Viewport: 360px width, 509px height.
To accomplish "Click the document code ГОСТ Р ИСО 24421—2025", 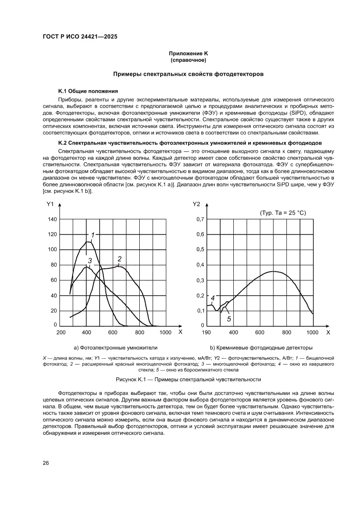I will click(80, 37).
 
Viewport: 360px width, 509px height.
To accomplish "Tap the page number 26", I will click(46, 463).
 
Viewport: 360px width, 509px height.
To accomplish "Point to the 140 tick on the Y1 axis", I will click(52, 219).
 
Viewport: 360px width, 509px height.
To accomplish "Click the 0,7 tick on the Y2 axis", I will click(200, 219).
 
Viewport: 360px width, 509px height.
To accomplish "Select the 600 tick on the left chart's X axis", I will click(113, 333).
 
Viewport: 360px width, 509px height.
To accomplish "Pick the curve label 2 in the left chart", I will click(119, 259).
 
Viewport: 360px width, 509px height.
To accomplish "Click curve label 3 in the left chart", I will click(89, 261).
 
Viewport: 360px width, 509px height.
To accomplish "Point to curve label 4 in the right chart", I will click(213, 298).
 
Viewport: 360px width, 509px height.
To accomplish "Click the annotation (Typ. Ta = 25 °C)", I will click(283, 213).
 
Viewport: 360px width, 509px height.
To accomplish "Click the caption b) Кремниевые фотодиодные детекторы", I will click(261, 348).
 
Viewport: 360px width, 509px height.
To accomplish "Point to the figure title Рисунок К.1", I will click(179, 379).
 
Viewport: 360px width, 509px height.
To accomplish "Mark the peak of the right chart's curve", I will click(273, 271).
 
